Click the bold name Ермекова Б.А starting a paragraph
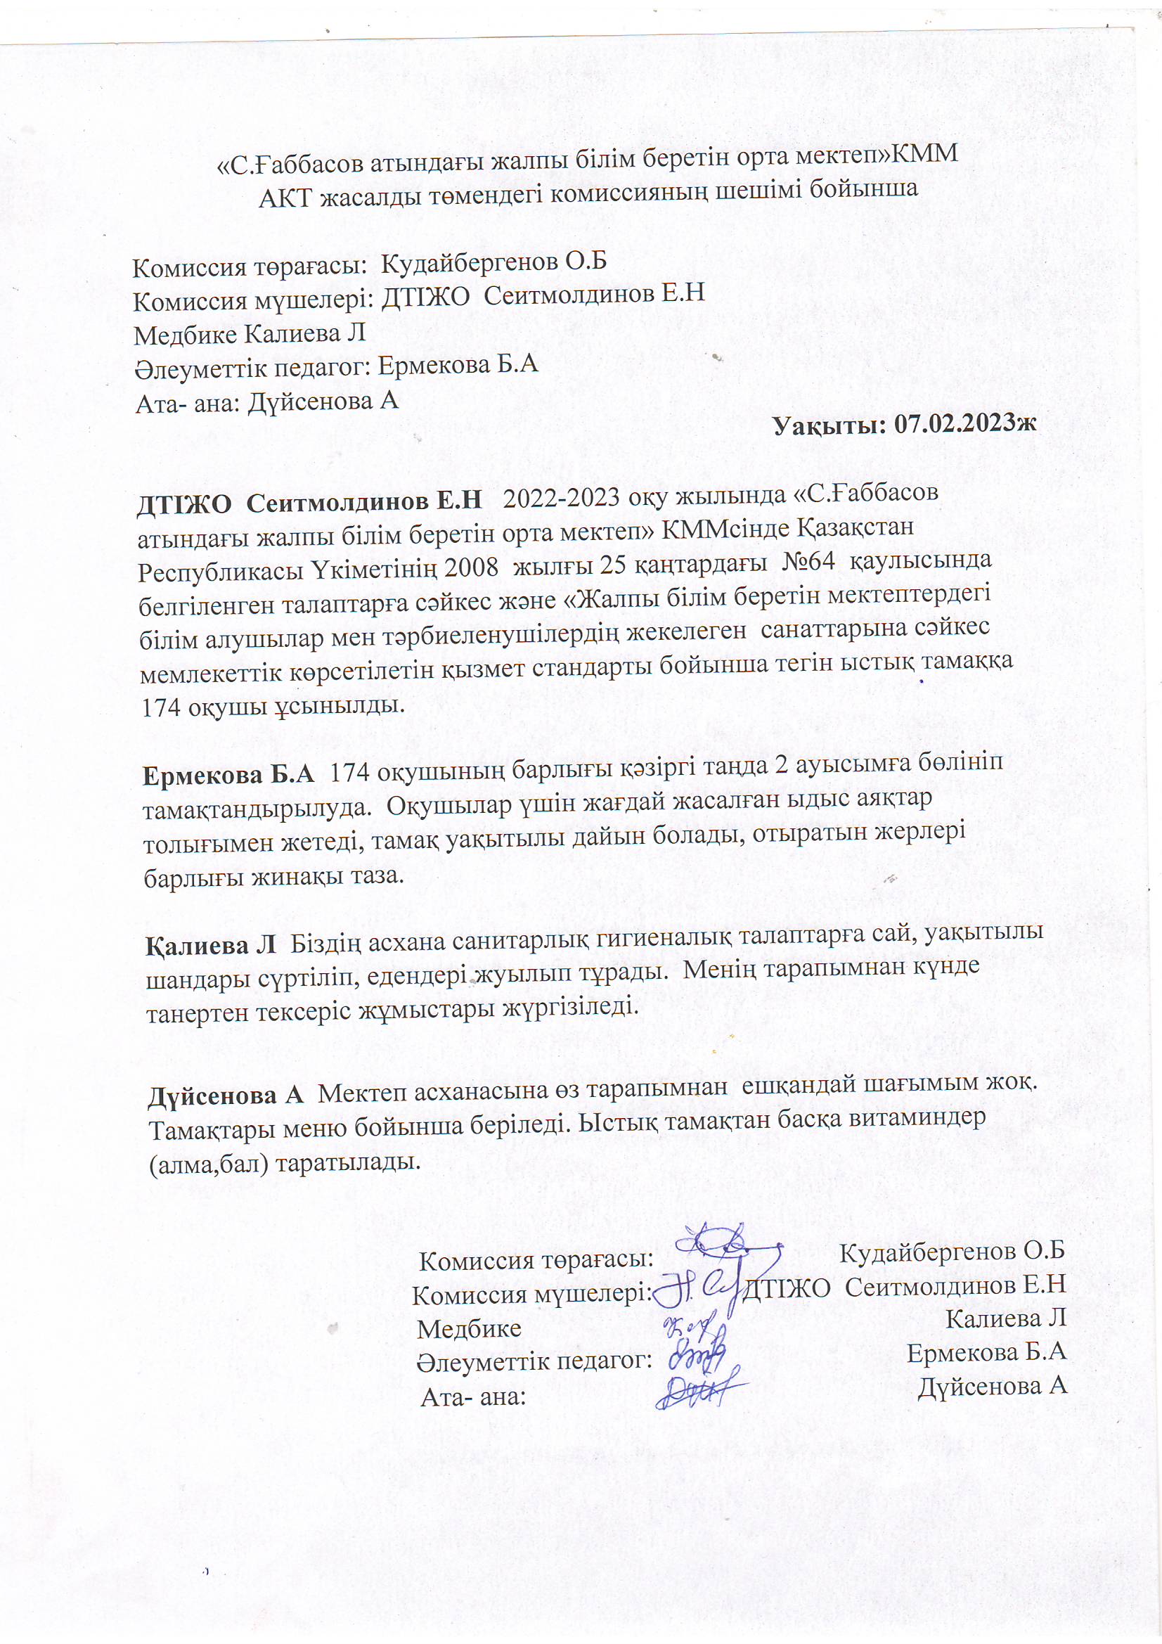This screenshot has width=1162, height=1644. click(x=228, y=775)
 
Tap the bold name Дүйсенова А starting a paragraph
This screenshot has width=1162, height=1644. click(x=226, y=1096)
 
